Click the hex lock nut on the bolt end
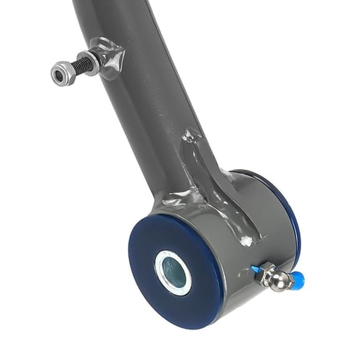[62, 72]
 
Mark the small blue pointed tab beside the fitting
[256, 269]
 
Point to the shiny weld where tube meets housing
[174, 197]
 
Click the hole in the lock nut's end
[58, 73]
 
